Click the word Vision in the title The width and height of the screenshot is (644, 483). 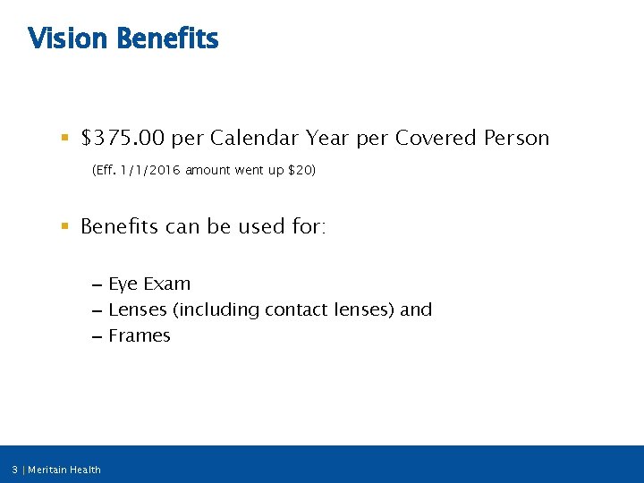point(69,39)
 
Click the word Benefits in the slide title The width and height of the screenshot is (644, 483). point(167,39)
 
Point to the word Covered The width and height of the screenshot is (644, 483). point(436,139)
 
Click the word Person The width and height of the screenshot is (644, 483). point(517,139)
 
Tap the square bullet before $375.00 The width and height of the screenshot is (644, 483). point(64,139)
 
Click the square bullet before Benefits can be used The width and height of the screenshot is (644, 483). point(64,227)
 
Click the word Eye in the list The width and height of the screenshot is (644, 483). point(123,284)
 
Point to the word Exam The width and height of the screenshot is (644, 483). point(166,284)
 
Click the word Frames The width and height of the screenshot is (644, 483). point(139,336)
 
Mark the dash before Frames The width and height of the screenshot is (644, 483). point(96,337)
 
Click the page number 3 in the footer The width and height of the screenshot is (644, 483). point(15,470)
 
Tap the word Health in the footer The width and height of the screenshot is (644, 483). point(87,470)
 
